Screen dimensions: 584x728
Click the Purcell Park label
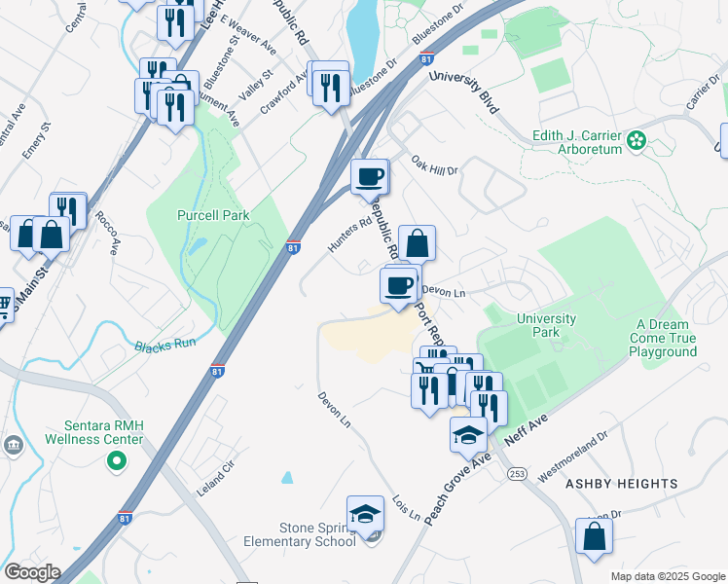tap(212, 215)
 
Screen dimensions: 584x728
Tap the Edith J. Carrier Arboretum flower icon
tap(637, 141)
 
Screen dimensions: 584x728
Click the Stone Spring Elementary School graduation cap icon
tap(366, 513)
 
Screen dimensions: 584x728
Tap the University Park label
tap(546, 325)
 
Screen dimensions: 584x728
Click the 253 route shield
tap(516, 473)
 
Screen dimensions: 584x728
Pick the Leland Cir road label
tap(216, 479)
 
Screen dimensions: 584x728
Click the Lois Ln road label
tap(408, 506)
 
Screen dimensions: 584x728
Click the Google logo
tap(31, 572)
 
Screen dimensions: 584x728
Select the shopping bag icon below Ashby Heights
tap(594, 536)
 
